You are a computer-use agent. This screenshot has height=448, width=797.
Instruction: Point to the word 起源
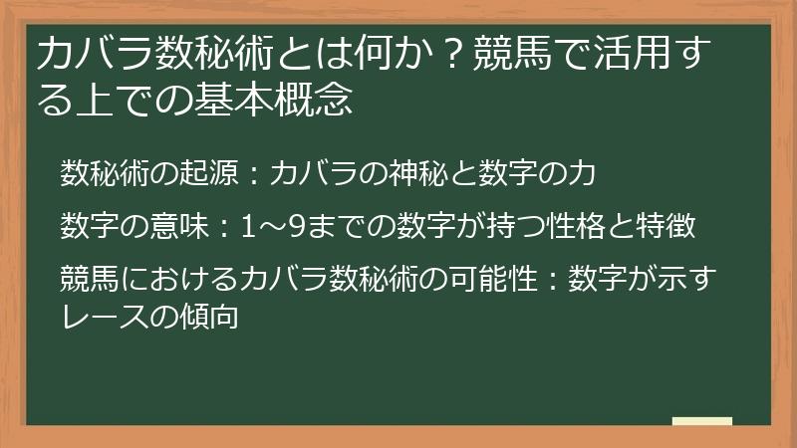click(205, 173)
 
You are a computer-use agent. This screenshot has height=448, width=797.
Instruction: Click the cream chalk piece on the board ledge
click(701, 422)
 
